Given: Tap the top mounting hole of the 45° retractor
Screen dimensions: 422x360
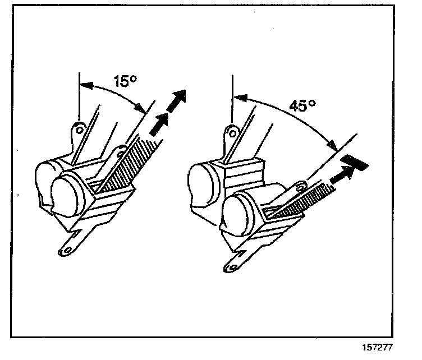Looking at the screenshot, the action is click(x=230, y=132).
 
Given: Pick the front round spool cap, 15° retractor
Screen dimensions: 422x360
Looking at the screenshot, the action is click(x=71, y=194).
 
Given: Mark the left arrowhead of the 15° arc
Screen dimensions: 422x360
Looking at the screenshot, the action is click(x=84, y=85).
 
